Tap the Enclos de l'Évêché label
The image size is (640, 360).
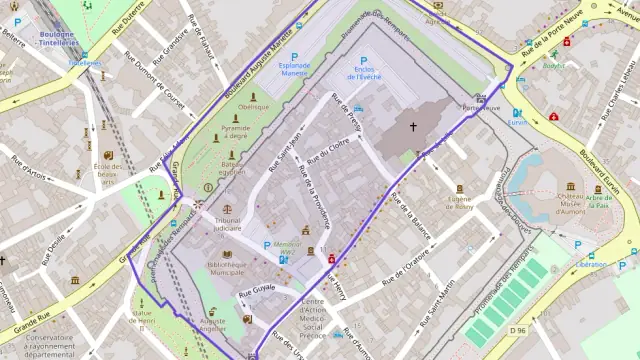tap(363, 72)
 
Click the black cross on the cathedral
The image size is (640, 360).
tap(412, 127)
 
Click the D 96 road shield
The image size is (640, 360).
tap(517, 330)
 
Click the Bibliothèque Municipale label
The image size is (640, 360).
tap(227, 267)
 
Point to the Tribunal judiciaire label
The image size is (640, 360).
tap(228, 224)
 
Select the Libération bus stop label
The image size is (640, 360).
tap(591, 264)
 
